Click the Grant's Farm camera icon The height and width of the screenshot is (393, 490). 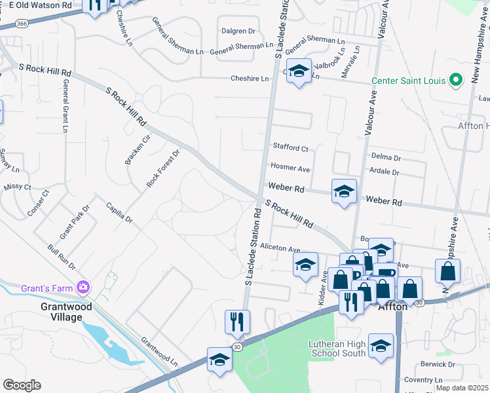click(x=83, y=287)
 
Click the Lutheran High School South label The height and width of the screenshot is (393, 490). click(x=337, y=349)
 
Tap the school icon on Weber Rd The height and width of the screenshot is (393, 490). click(x=344, y=191)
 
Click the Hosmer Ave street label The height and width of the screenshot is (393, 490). click(x=290, y=168)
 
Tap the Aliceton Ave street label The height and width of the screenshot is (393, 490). click(x=280, y=250)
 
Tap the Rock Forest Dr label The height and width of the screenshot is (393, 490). click(x=162, y=169)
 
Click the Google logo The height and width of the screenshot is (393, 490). click(x=22, y=385)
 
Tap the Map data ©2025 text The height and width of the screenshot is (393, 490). click(x=462, y=388)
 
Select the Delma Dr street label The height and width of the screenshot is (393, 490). click(x=385, y=157)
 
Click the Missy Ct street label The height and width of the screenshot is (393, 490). click(x=17, y=187)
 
